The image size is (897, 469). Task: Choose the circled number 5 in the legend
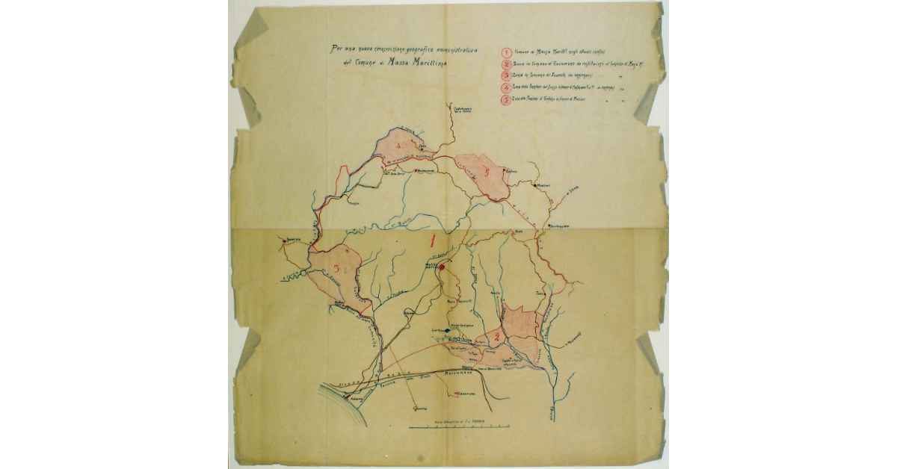click(507, 101)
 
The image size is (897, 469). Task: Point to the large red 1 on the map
click(434, 240)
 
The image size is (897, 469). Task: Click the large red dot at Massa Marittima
click(442, 267)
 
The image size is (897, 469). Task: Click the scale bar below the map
click(460, 426)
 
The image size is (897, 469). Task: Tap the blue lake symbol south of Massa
click(446, 330)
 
